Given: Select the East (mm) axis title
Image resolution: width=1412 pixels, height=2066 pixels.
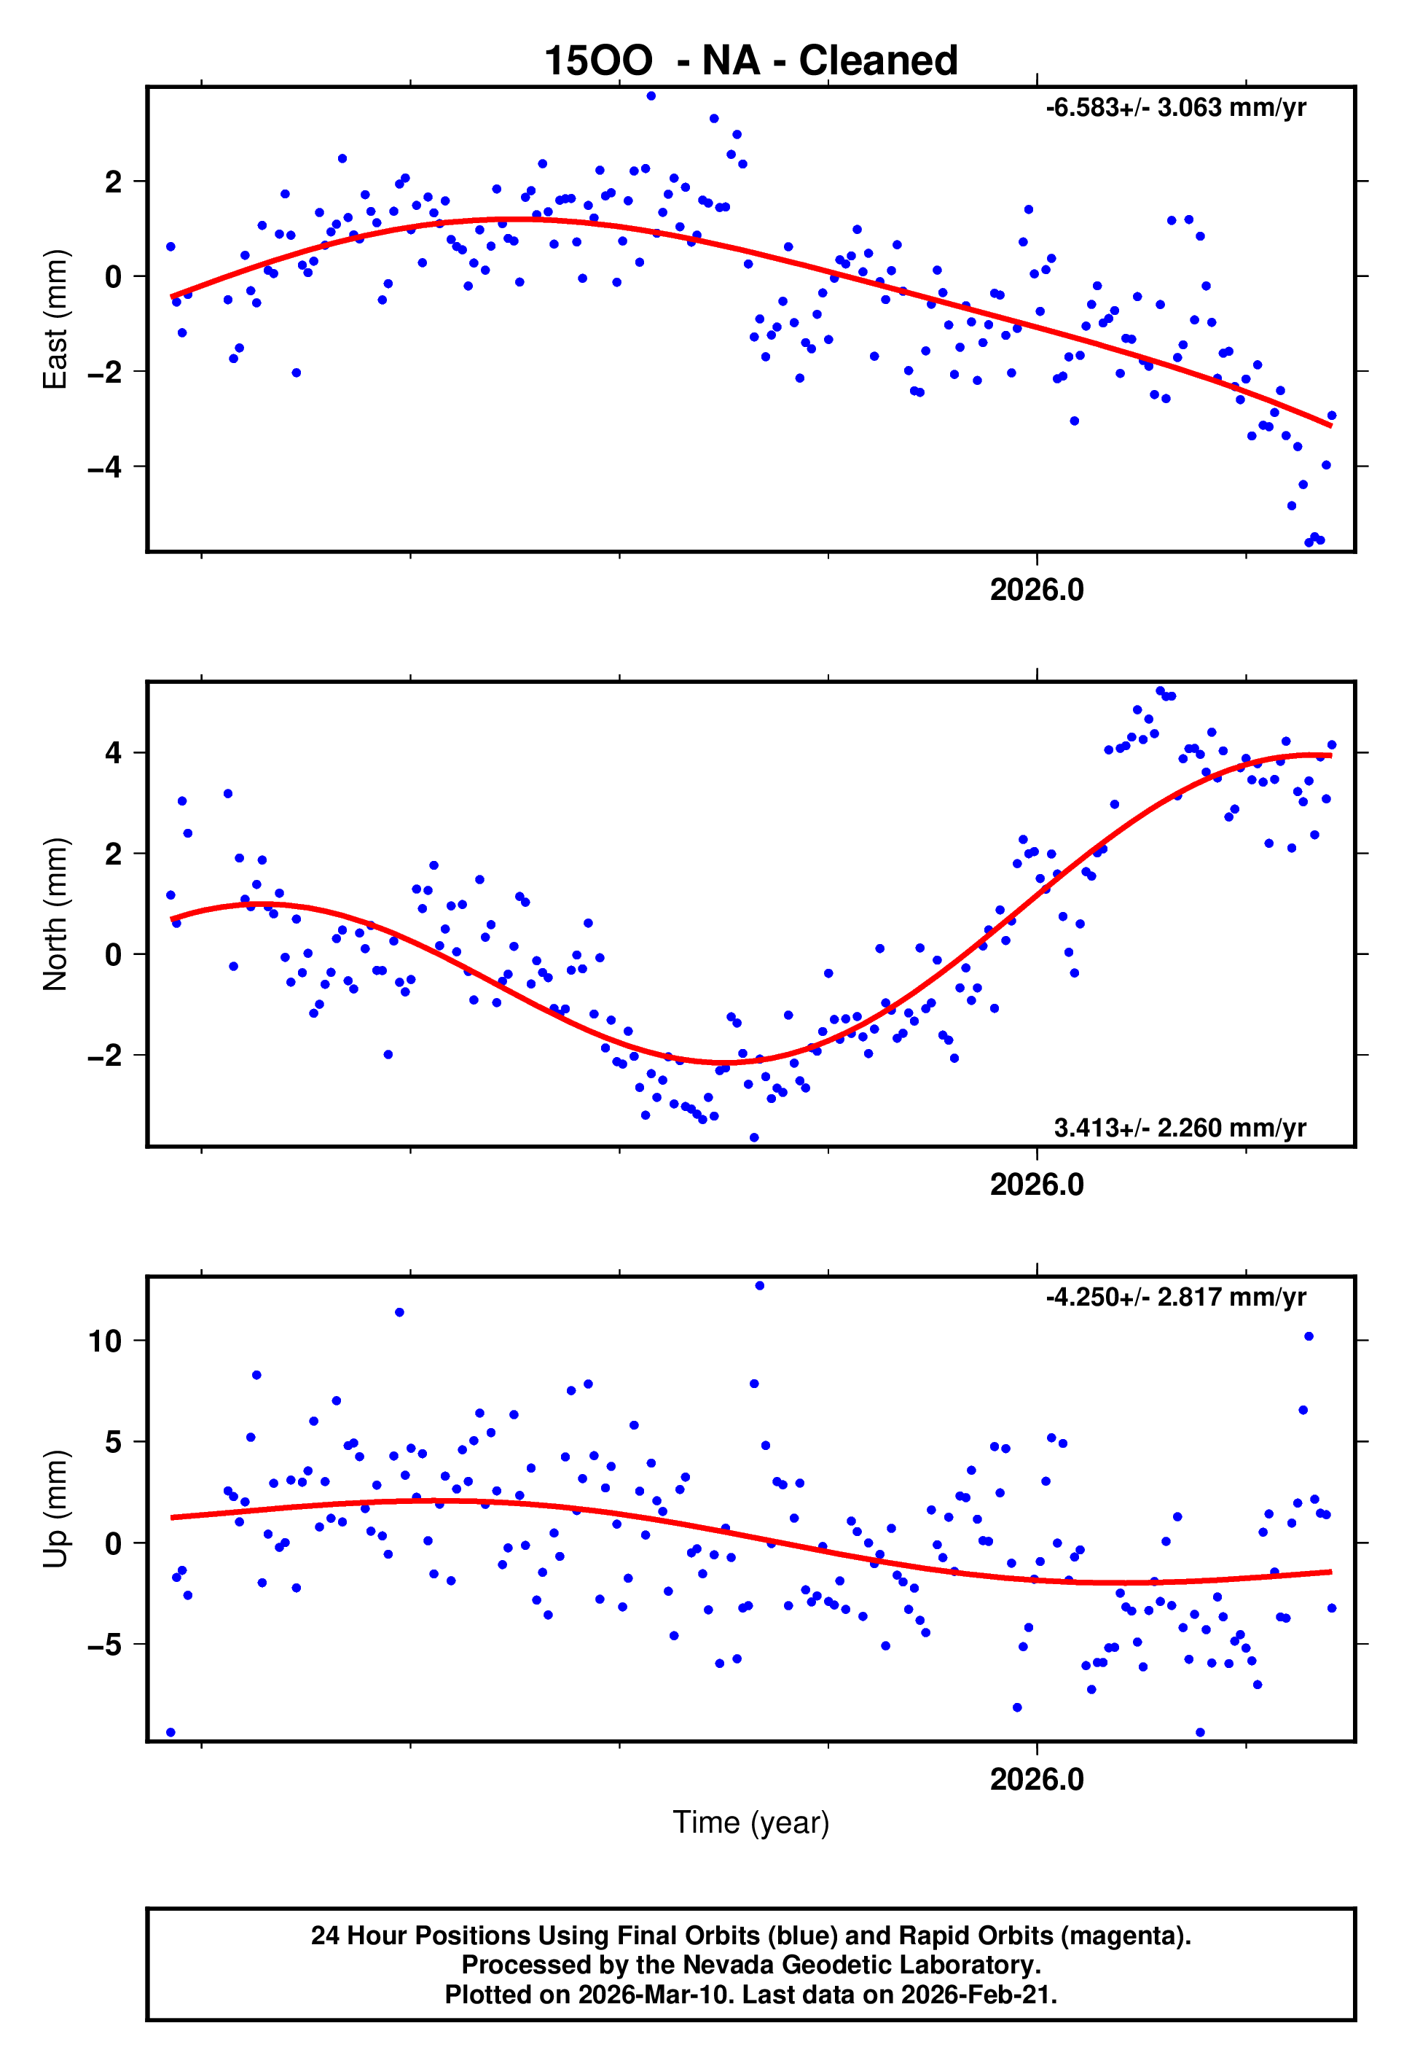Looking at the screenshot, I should [55, 319].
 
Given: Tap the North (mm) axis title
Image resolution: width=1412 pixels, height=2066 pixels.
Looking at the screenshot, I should [55, 914].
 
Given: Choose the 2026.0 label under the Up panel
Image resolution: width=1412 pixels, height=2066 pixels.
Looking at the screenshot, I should [1036, 1779].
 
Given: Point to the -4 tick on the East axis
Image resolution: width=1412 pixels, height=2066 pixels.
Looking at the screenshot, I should [104, 467].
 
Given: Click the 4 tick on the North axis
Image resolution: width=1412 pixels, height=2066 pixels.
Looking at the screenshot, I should [113, 753].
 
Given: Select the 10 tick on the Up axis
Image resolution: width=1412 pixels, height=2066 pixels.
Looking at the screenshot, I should [104, 1341].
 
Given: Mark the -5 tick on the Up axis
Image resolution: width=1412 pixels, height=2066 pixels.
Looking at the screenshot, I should [104, 1645].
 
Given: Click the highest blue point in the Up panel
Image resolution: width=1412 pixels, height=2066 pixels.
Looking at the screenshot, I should [759, 1285].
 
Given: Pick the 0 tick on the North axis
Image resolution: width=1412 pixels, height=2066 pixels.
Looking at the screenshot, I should [113, 955].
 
